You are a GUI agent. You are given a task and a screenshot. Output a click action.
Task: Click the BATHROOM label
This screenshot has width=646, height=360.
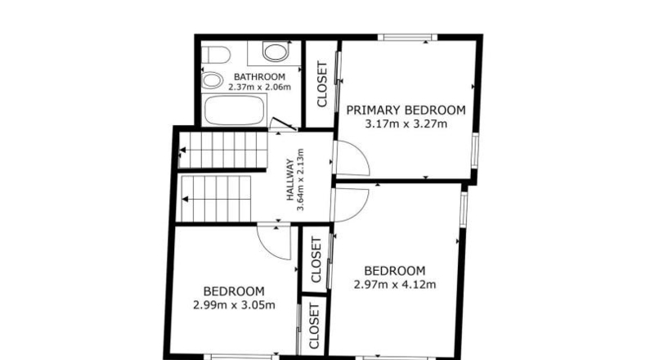259,77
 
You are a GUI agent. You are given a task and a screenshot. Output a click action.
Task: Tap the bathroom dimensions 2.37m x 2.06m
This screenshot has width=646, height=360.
259,87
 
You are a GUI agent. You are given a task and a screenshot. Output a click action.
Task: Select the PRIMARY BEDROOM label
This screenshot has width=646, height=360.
406,110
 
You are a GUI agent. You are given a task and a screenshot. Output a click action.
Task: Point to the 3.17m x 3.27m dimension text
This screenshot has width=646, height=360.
406,124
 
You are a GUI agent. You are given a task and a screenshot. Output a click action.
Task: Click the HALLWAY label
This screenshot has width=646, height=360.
290,180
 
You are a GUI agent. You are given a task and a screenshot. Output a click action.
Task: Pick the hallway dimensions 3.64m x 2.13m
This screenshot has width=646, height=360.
300,180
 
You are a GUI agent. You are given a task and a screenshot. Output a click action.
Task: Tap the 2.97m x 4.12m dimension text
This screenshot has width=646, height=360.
395,285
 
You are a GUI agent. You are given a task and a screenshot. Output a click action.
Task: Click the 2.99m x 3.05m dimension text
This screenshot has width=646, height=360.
234,305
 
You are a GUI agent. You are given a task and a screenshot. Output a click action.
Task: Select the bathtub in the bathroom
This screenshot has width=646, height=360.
234,110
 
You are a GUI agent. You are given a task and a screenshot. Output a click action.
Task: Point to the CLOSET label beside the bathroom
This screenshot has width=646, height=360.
321,84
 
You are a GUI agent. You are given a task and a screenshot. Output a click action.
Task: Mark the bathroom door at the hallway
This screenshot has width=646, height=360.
283,124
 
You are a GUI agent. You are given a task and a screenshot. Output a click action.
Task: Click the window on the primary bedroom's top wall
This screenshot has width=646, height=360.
407,38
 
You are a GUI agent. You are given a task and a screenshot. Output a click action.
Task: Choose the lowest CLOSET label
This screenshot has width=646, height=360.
314,326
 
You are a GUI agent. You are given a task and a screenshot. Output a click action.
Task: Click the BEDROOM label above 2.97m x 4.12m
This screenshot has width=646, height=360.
395,271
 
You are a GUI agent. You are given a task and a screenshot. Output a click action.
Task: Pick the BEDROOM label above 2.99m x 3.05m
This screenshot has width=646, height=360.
234,291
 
